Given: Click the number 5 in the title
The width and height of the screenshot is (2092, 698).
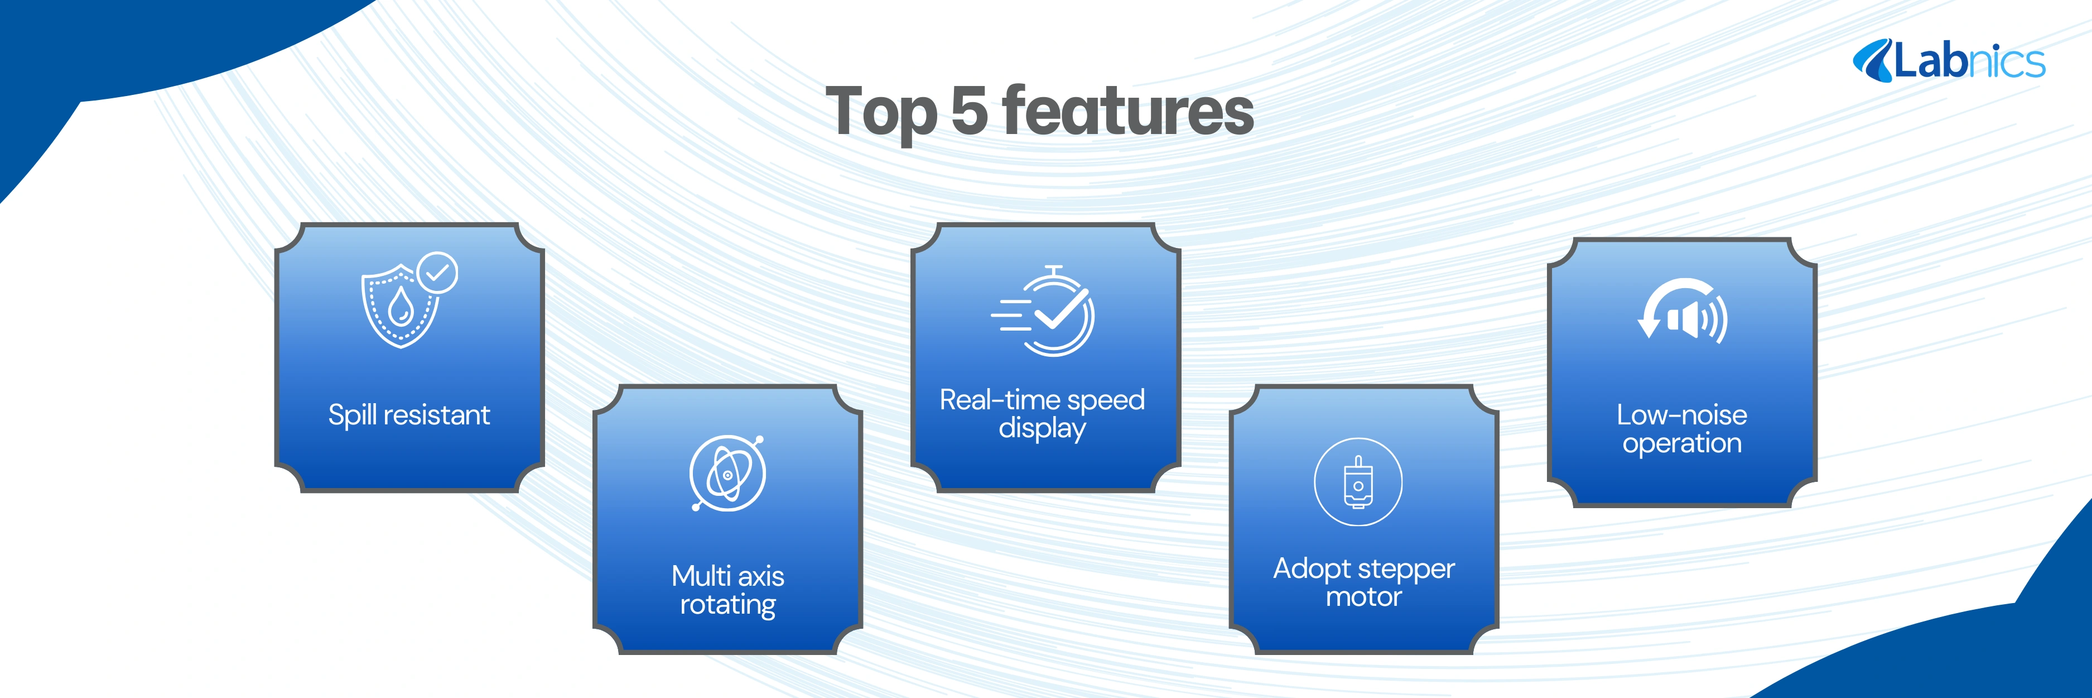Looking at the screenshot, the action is (x=969, y=111).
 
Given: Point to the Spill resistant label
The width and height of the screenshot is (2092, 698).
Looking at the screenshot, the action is (x=409, y=415).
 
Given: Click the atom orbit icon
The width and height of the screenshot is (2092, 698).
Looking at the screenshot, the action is (x=727, y=473).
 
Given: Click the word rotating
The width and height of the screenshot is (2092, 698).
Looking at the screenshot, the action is (x=727, y=605).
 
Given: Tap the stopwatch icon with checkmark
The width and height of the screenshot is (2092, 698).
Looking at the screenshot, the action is (x=1044, y=311).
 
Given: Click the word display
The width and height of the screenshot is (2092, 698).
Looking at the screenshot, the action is (x=1042, y=429).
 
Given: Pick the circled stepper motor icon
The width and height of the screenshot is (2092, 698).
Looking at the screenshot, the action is (x=1358, y=482).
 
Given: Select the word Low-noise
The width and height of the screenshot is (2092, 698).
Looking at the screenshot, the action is (x=1682, y=415).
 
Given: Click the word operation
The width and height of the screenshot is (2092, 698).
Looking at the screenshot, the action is (x=1682, y=444).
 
